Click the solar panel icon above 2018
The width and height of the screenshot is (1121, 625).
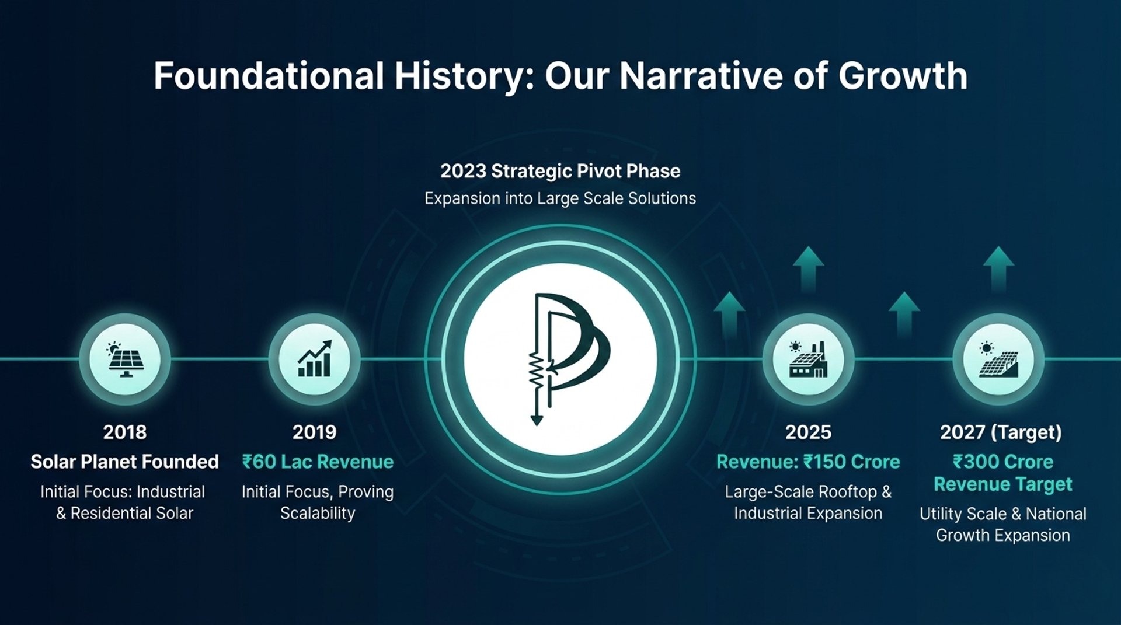pyautogui.click(x=125, y=359)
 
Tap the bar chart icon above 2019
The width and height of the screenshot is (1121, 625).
pyautogui.click(x=315, y=359)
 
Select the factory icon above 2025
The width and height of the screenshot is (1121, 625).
pyautogui.click(x=809, y=359)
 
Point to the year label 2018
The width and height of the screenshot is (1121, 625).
pyautogui.click(x=125, y=432)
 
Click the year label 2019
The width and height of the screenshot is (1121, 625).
pyautogui.click(x=315, y=432)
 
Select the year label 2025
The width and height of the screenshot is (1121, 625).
pyautogui.click(x=808, y=432)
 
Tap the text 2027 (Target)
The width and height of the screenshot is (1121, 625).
pyautogui.click(x=1001, y=432)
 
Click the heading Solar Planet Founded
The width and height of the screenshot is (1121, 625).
pyautogui.click(x=124, y=462)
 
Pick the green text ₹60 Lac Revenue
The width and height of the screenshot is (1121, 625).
pyautogui.click(x=318, y=462)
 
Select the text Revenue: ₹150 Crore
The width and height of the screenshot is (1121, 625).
pyautogui.click(x=808, y=462)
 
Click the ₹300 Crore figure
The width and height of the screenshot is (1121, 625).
pyautogui.click(x=1003, y=462)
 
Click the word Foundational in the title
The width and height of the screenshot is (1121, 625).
pyautogui.click(x=269, y=76)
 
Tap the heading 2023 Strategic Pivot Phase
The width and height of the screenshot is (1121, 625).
pyautogui.click(x=560, y=171)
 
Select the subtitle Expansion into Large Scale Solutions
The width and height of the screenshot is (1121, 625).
pyautogui.click(x=560, y=198)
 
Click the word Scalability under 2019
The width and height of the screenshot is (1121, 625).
pyautogui.click(x=318, y=514)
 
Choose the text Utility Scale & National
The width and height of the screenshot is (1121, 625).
pyautogui.click(x=1003, y=514)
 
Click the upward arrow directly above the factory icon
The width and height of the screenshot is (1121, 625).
pyautogui.click(x=809, y=269)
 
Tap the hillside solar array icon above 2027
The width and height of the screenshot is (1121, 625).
pyautogui.click(x=998, y=359)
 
